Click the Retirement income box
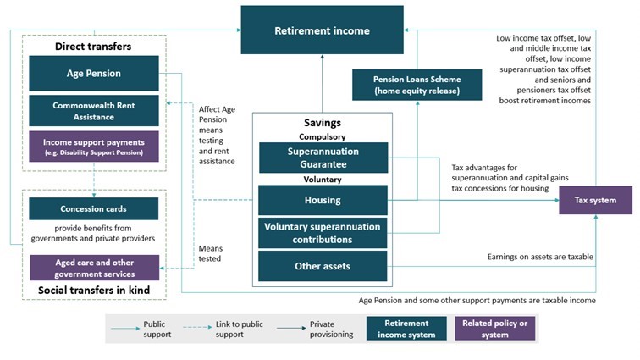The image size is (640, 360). (322, 31)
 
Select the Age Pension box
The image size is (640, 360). (94, 74)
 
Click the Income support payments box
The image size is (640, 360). (94, 147)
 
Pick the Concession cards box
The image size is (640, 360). (94, 209)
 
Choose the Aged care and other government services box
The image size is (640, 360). (94, 267)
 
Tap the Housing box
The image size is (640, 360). (323, 201)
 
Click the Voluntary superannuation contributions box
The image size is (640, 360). (323, 233)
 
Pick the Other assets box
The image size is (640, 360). (323, 266)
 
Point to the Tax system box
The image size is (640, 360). (595, 201)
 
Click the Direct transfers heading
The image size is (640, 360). (94, 45)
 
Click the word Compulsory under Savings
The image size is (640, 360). (323, 136)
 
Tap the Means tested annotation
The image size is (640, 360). (210, 253)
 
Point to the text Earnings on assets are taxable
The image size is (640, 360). (539, 256)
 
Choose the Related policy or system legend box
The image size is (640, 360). (494, 329)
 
